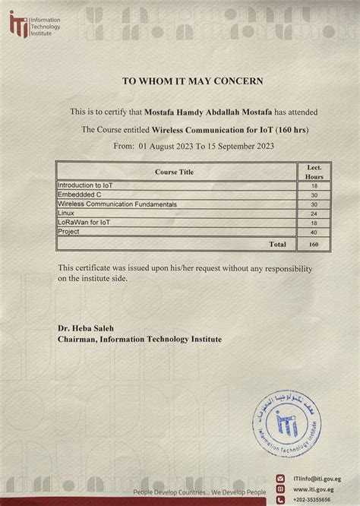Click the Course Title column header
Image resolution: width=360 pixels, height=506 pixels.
point(174,172)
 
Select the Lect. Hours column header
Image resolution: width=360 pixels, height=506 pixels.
point(314,170)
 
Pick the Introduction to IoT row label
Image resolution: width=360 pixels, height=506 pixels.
point(84,185)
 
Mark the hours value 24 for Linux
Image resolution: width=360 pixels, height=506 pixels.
point(314,213)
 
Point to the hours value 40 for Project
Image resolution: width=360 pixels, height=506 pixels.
point(314,232)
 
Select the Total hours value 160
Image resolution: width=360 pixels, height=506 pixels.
point(314,244)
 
